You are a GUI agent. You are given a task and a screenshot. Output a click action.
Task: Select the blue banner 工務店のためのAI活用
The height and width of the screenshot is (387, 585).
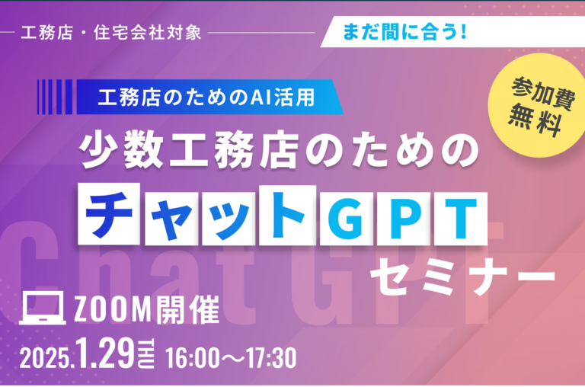[206, 98]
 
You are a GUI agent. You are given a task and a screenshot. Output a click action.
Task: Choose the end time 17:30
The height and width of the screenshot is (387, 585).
[267, 357]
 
